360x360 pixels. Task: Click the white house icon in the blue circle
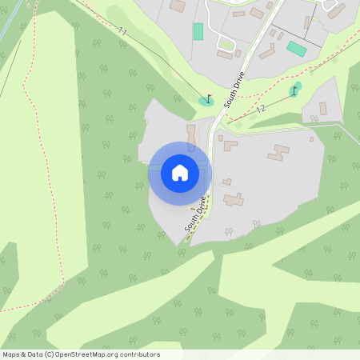(x=180, y=173)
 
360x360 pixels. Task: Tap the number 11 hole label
(x=122, y=32)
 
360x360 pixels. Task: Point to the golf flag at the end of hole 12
(x=294, y=90)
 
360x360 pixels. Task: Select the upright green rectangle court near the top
(x=198, y=31)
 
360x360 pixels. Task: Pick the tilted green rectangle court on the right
(x=297, y=49)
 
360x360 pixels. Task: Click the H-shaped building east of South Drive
(x=280, y=152)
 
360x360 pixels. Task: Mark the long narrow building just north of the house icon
(x=190, y=135)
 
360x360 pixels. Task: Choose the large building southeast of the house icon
(x=234, y=198)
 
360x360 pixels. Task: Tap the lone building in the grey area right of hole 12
(x=323, y=108)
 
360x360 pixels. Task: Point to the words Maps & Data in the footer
(x=22, y=354)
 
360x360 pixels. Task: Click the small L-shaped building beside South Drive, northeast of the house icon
(x=230, y=146)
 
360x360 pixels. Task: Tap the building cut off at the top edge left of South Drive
(x=177, y=5)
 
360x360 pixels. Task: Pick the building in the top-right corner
(x=337, y=10)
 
